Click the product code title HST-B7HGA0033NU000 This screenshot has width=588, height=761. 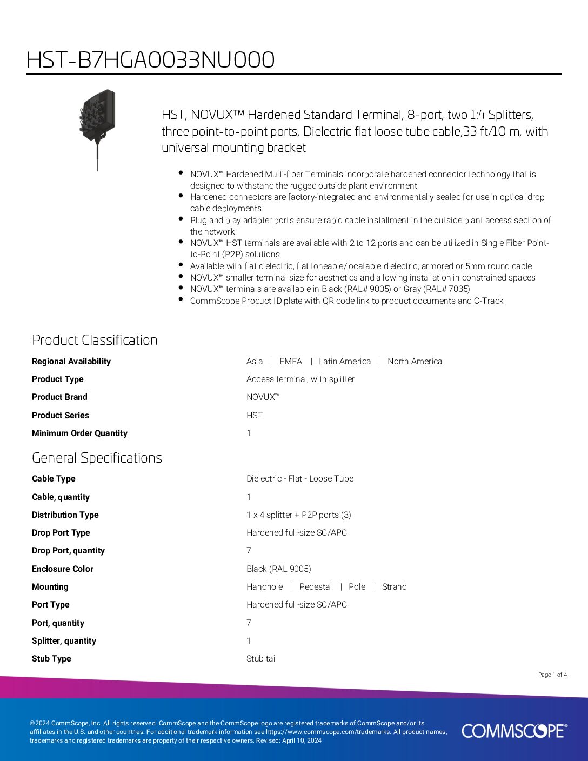[150, 60]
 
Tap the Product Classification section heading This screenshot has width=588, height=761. [95, 340]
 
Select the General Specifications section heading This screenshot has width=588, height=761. [97, 458]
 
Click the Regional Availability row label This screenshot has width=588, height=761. [71, 362]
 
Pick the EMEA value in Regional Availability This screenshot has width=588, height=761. [291, 362]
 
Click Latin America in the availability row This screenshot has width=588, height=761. [345, 362]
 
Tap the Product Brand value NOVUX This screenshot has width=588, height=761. [263, 397]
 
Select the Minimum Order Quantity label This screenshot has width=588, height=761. [79, 433]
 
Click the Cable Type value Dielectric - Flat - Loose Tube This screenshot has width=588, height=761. [300, 479]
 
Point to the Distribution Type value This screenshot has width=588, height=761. [299, 515]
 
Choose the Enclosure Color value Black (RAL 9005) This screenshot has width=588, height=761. [279, 569]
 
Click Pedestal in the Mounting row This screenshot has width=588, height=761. [316, 587]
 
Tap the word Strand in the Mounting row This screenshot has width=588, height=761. [395, 587]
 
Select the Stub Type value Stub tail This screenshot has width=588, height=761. [262, 659]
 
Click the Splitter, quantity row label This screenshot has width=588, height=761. [64, 641]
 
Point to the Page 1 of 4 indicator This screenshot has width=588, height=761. [552, 675]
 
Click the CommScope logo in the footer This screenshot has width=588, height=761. [514, 731]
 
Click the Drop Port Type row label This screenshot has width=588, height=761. [61, 533]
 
